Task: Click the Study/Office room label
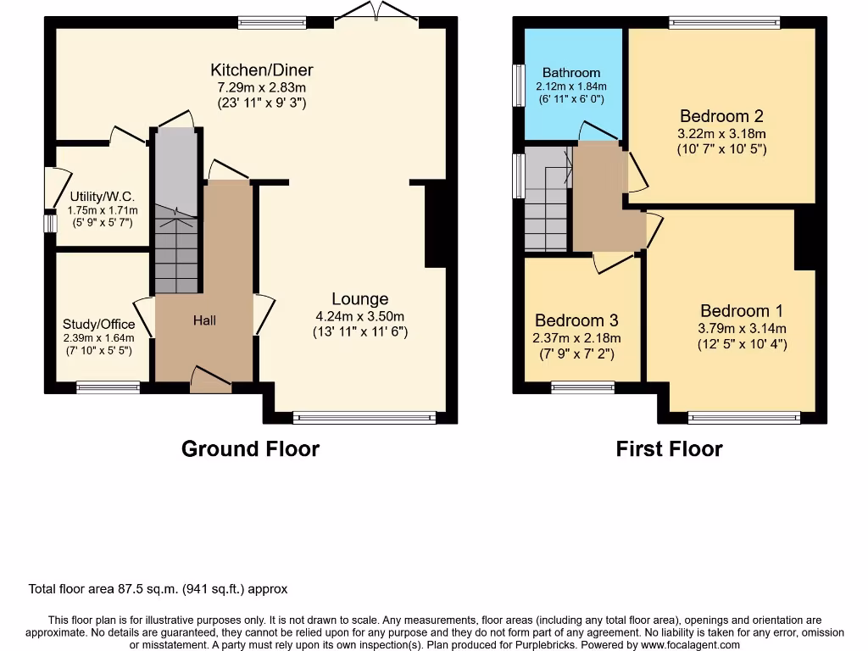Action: coord(98,324)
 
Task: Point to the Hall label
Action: coord(204,320)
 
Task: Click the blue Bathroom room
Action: coord(571,85)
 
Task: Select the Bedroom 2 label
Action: coord(715,116)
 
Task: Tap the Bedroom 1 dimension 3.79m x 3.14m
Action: coord(742,329)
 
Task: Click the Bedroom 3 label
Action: coord(576,320)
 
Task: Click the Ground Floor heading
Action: coord(250,448)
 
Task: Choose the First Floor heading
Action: coord(669,448)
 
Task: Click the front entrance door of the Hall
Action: coord(210,381)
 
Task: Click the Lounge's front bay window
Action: coord(364,416)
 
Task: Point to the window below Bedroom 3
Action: coord(583,387)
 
